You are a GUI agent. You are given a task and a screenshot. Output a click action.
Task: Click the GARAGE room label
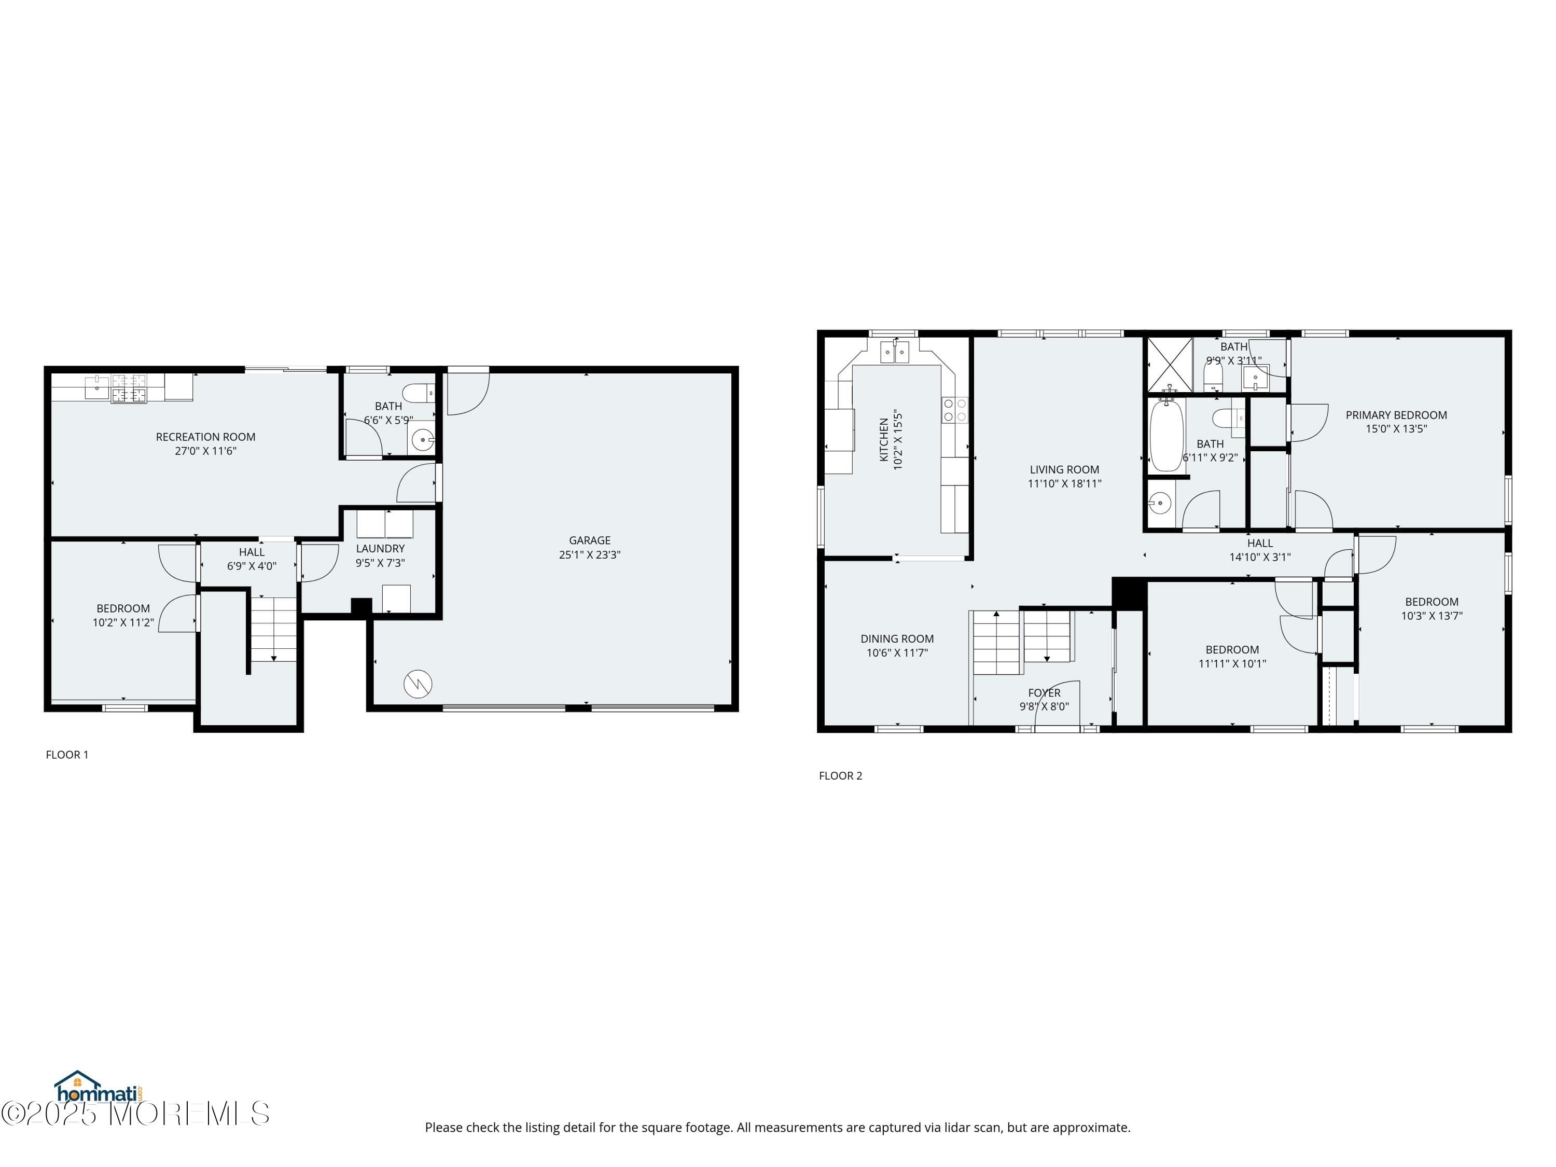(x=590, y=540)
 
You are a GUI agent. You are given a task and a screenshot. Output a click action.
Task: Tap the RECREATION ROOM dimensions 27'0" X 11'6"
(x=205, y=451)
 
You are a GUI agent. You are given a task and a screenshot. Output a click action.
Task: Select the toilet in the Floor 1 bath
(x=421, y=393)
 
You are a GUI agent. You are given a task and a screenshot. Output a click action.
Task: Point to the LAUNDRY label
(x=380, y=549)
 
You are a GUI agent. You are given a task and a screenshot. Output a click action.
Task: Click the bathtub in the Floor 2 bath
(x=1166, y=436)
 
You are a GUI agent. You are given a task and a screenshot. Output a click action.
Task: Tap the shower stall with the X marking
(x=1169, y=365)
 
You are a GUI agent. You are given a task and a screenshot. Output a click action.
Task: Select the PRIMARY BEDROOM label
(x=1396, y=415)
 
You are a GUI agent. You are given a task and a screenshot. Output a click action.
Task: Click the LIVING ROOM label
(x=1064, y=470)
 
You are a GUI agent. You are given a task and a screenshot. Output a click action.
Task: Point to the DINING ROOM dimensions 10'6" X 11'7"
(x=897, y=653)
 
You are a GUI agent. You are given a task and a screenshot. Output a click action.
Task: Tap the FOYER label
(x=1044, y=693)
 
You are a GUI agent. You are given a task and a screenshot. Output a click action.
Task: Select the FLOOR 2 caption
(x=840, y=776)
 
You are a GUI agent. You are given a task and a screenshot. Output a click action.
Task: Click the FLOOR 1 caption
(x=67, y=755)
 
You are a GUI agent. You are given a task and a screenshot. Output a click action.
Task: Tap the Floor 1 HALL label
(x=251, y=552)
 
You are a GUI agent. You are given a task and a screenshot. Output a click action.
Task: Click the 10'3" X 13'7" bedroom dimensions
(x=1432, y=616)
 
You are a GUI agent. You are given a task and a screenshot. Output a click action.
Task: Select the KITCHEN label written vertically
(x=883, y=440)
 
